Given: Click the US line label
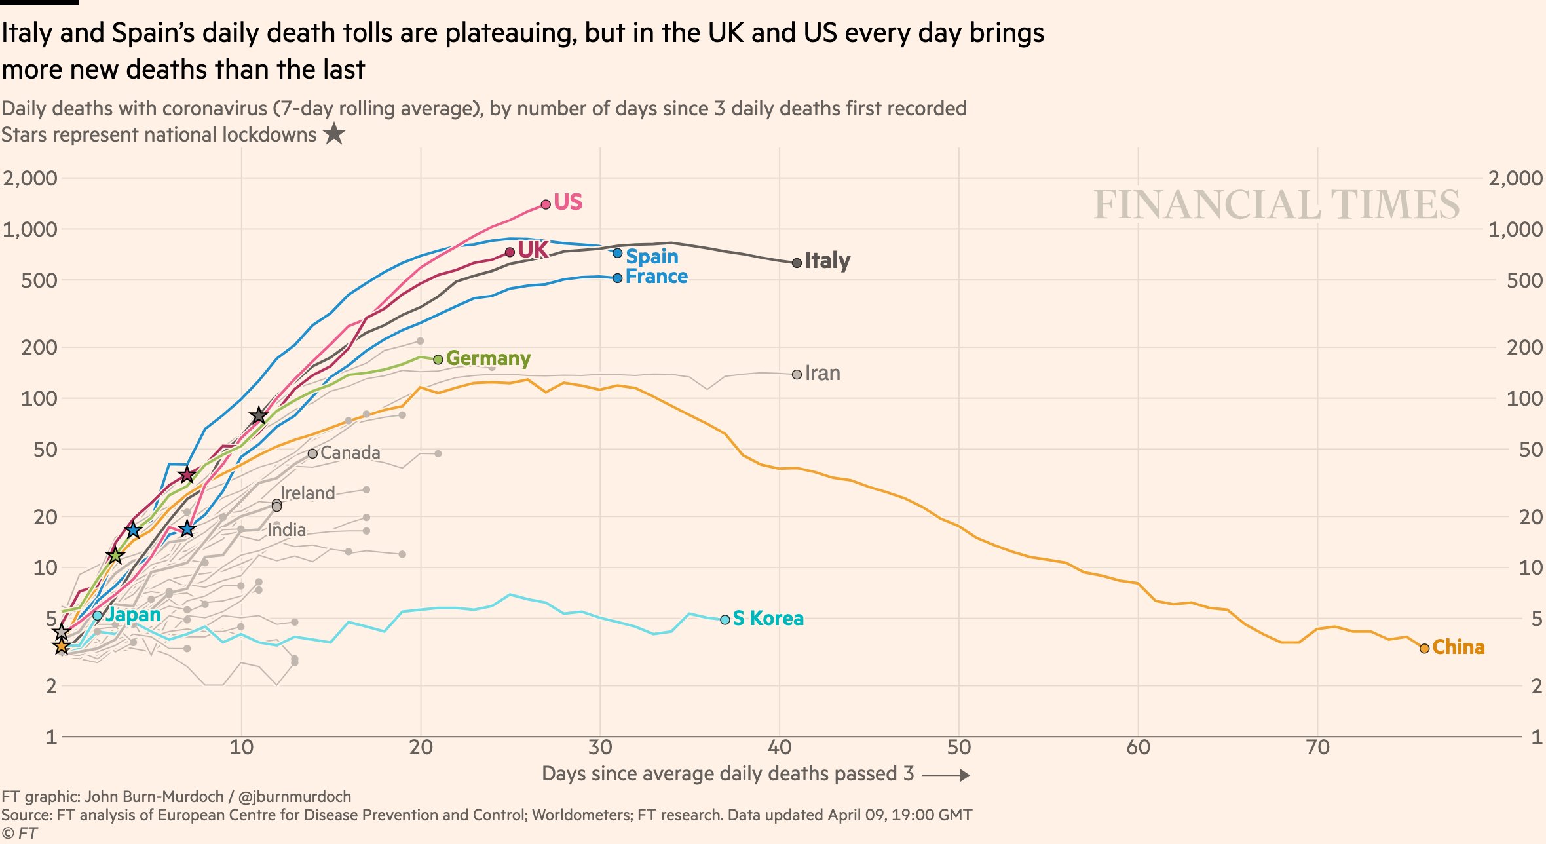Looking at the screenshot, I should (x=567, y=202).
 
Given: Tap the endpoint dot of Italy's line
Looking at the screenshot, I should (x=797, y=263).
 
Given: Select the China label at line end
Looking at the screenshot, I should (x=1458, y=647).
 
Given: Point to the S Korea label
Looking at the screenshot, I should (x=768, y=618).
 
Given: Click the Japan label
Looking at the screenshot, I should (x=133, y=615).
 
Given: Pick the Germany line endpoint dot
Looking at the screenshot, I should (x=438, y=359).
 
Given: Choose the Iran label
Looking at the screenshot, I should (x=822, y=374).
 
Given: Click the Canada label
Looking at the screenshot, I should (x=350, y=453).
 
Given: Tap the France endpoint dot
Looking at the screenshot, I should (x=617, y=278).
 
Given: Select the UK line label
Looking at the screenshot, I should (x=533, y=250).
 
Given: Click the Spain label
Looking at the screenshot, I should (x=652, y=256).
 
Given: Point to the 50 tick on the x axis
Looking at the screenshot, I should (x=958, y=748).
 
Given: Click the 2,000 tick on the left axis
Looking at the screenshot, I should (x=30, y=178).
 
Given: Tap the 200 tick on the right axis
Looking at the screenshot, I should (x=1524, y=347).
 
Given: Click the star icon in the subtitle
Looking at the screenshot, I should (x=334, y=134).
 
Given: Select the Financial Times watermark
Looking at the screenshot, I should (x=1276, y=204).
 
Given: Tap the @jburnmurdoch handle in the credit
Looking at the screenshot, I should (x=294, y=797).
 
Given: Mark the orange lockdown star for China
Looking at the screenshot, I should (x=62, y=647).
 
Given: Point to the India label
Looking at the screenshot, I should (x=286, y=529).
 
